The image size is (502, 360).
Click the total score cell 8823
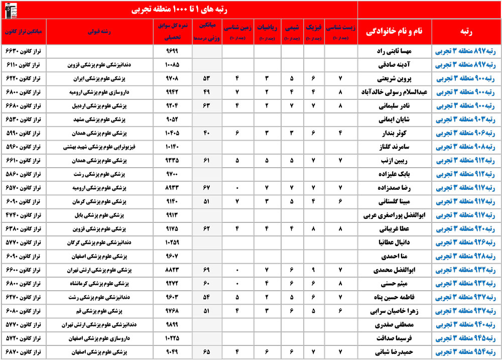172,270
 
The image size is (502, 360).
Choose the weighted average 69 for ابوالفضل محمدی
206,270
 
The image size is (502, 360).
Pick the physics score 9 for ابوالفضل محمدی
313,270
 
